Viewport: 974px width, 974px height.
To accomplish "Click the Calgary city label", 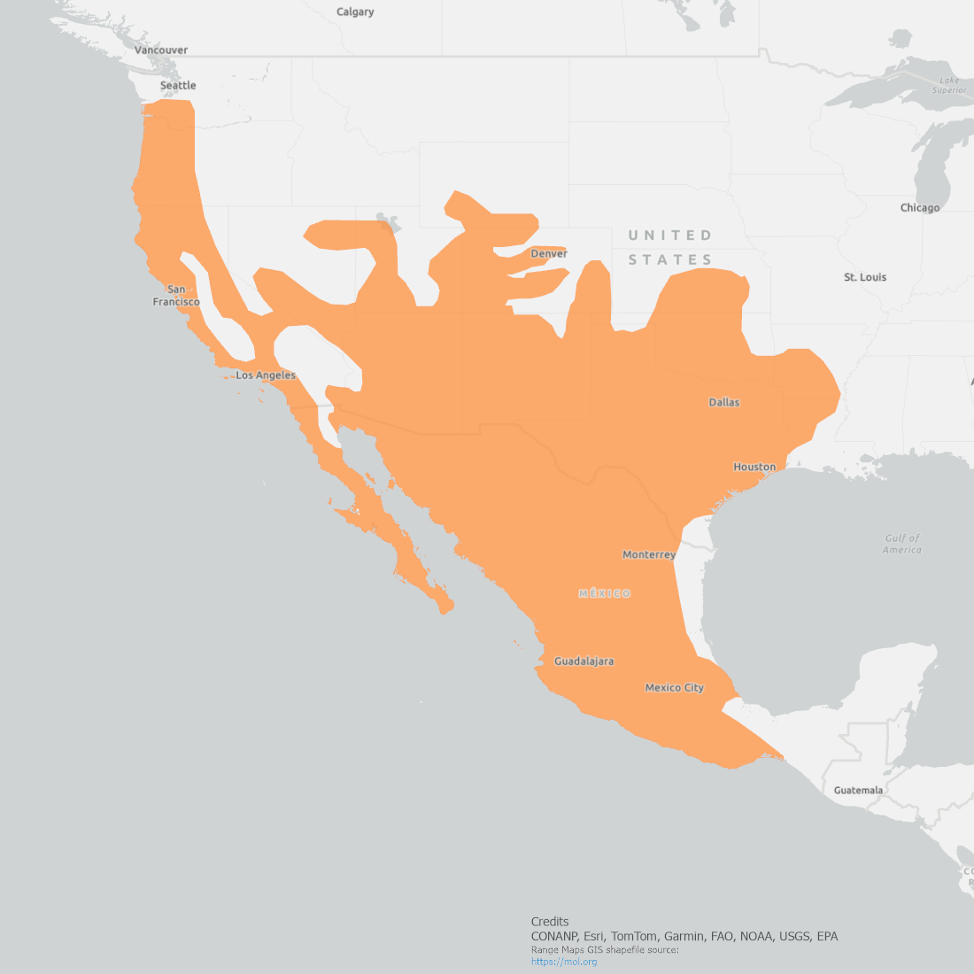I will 355,12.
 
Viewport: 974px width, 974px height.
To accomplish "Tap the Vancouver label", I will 161,50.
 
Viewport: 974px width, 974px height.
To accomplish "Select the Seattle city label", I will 178,85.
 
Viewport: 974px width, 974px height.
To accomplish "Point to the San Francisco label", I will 176,296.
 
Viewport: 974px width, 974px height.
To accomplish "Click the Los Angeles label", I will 266,375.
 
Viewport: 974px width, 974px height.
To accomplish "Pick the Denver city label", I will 549,254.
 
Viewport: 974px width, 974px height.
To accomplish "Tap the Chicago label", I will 920,208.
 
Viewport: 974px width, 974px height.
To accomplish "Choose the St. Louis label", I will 865,277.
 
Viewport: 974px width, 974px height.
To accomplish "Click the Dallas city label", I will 723,402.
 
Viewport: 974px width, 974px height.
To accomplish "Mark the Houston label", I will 754,467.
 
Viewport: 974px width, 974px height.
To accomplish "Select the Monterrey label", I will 649,554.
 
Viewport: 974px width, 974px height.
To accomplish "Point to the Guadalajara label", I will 584,661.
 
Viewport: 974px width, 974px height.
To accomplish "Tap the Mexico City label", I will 674,687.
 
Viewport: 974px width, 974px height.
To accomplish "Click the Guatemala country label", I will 858,790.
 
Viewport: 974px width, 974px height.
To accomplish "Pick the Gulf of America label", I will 902,544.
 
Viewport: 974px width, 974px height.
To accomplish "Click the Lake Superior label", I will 949,85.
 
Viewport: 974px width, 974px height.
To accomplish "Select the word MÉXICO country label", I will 605,593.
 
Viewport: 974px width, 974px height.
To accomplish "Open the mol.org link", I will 564,962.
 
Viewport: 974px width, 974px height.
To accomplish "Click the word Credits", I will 550,922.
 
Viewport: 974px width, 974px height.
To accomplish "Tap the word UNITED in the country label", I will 670,236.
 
